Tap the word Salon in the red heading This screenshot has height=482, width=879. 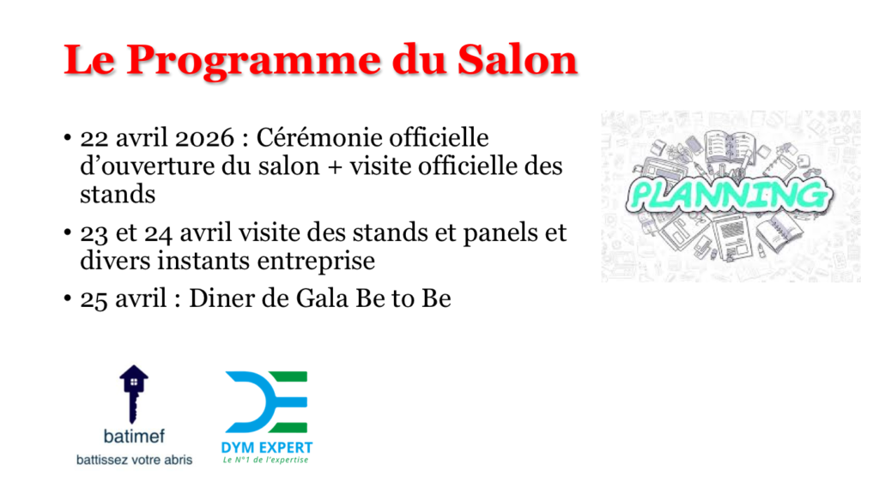pos(518,59)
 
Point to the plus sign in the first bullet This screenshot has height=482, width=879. pos(335,167)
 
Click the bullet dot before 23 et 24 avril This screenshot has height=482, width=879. pos(67,232)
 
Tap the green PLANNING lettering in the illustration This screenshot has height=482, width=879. pos(730,195)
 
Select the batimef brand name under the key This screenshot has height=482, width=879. pos(134,436)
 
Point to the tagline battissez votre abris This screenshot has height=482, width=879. pos(134,461)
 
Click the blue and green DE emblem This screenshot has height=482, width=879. pos(266,401)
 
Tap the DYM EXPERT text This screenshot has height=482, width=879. pos(267,448)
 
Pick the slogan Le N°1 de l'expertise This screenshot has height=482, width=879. pos(266,461)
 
